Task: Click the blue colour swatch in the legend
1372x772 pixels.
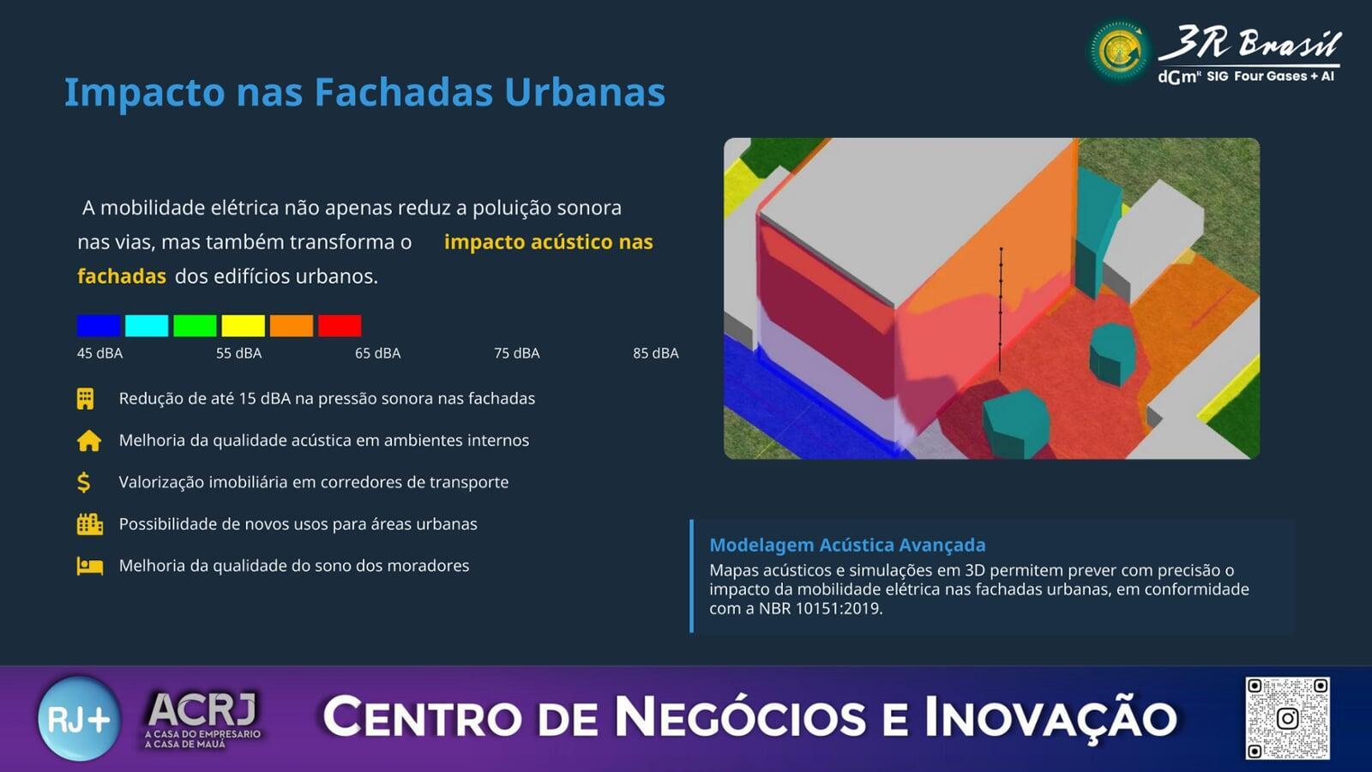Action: coord(98,325)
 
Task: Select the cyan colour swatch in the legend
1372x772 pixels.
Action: coord(147,325)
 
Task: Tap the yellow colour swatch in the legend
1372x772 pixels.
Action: coord(244,325)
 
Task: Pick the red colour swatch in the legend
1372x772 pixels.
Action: coord(340,325)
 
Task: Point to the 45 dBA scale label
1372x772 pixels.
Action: coord(99,353)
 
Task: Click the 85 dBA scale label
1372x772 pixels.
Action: coord(656,353)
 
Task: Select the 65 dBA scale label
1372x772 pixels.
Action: coord(378,353)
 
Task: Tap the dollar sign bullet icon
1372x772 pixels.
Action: coord(84,483)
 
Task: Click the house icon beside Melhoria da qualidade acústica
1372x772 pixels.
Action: coord(89,441)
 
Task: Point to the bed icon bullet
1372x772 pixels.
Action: coord(89,566)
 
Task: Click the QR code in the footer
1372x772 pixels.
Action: coord(1287,718)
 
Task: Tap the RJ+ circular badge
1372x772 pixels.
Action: coord(79,718)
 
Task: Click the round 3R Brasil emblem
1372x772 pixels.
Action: coord(1119,51)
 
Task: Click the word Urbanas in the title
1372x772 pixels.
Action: coord(585,93)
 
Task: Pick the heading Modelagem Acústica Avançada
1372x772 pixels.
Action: coord(848,545)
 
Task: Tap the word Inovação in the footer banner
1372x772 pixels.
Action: coord(1050,717)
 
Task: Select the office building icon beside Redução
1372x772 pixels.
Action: coord(85,398)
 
